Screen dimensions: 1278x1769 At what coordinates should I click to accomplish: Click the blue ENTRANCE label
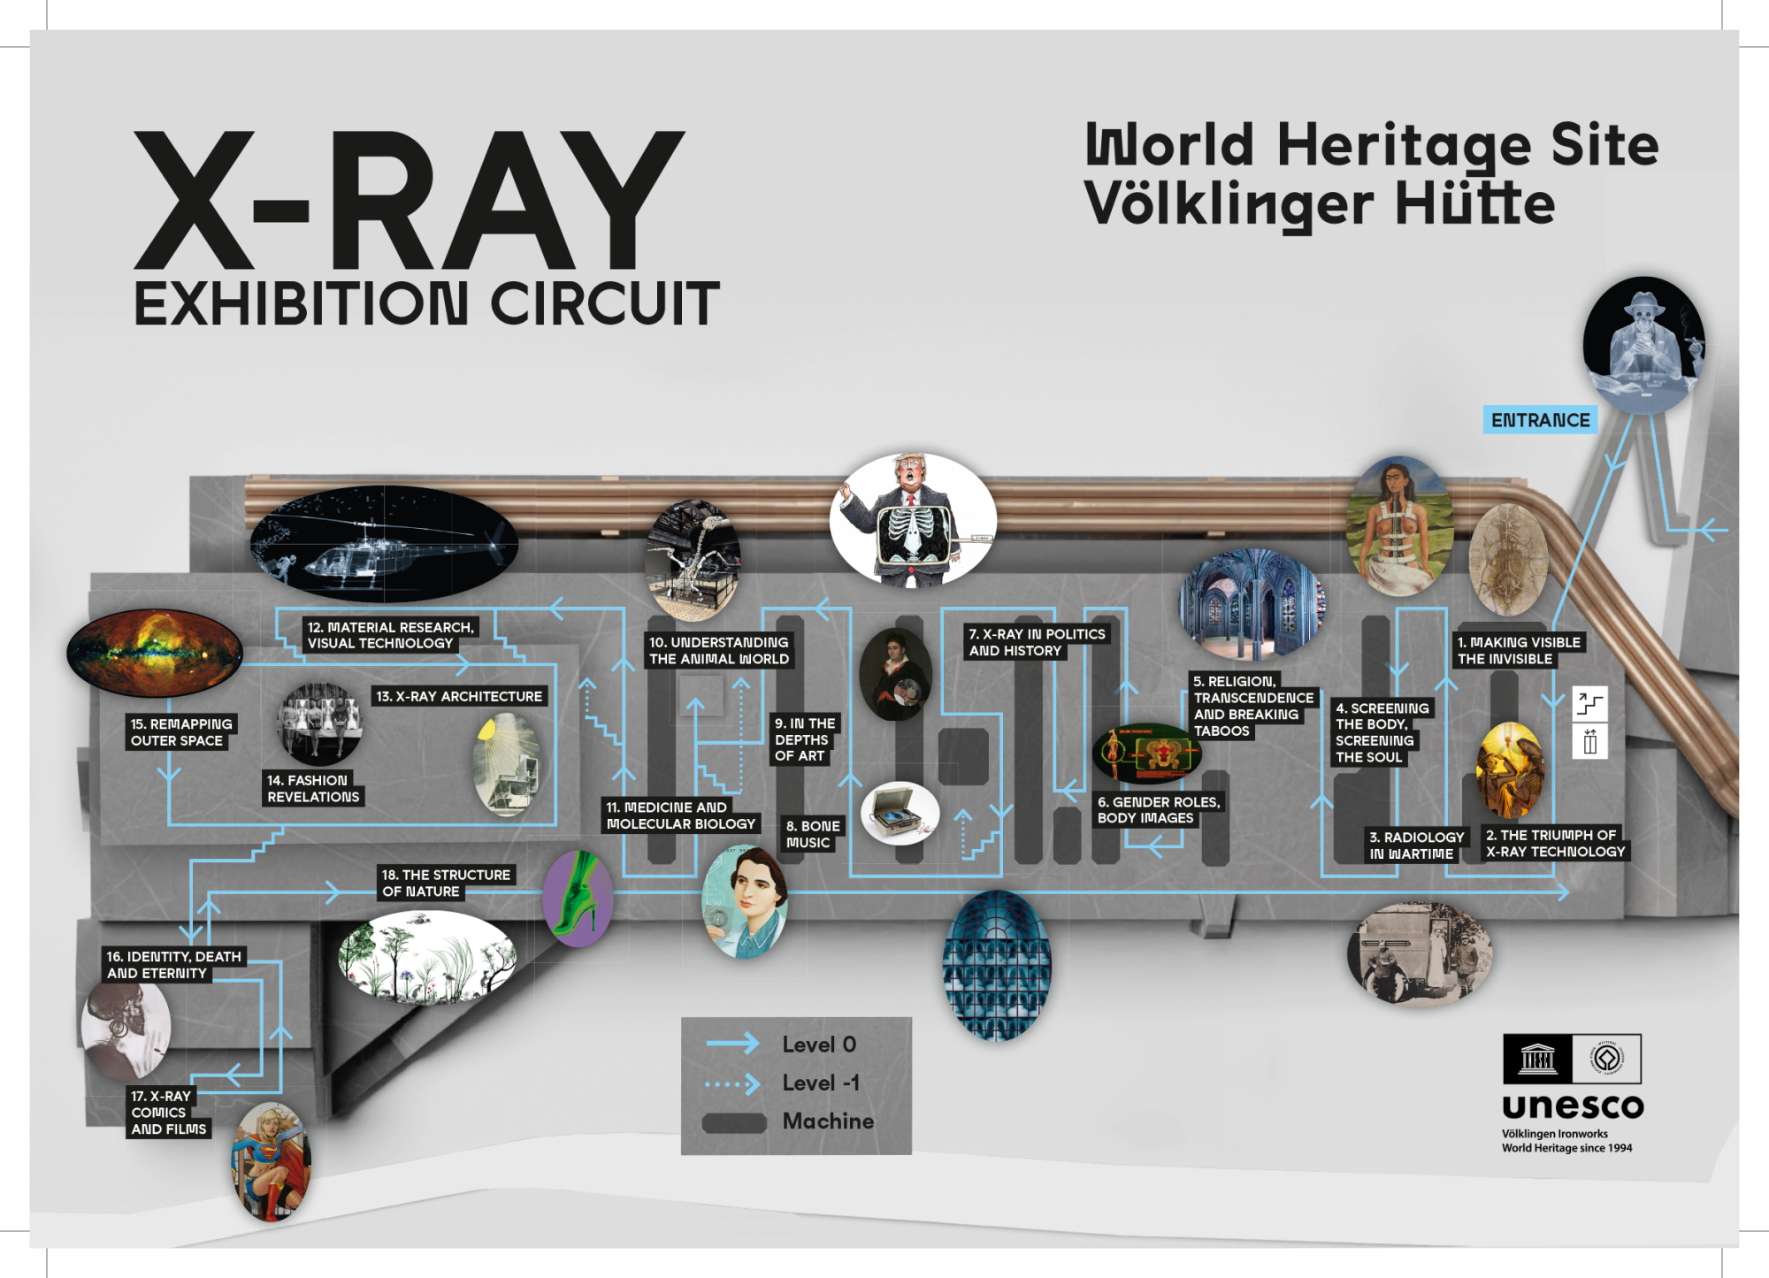pos(1540,420)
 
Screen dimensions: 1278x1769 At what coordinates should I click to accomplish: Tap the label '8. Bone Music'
pos(813,834)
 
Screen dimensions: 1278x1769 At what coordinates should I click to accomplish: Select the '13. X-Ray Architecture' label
pos(459,696)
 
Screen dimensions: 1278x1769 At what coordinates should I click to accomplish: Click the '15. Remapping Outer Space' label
pos(181,732)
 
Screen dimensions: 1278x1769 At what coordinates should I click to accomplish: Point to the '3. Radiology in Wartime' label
pos(1416,846)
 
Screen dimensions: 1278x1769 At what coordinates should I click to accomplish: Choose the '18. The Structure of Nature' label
pos(446,883)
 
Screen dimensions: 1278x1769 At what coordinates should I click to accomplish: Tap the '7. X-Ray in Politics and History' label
pos(1036,642)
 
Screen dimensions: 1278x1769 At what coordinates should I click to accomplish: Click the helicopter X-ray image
pos(383,545)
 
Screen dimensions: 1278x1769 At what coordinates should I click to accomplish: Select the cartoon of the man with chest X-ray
pos(913,520)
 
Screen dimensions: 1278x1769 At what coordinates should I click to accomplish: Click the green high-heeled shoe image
pos(578,899)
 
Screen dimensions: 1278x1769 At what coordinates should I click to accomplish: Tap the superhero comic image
pos(271,1161)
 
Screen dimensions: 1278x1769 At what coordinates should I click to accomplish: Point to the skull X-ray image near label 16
pos(126,1029)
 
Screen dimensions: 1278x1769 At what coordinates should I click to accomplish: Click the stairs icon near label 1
pos(1589,704)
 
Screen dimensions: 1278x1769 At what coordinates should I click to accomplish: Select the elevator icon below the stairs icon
pos(1589,742)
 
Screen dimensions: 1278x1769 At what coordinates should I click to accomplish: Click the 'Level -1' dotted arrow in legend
pos(732,1083)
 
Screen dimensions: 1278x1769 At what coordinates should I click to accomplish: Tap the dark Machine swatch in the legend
pos(734,1122)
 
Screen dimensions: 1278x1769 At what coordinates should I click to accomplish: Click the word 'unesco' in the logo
pos(1572,1106)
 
